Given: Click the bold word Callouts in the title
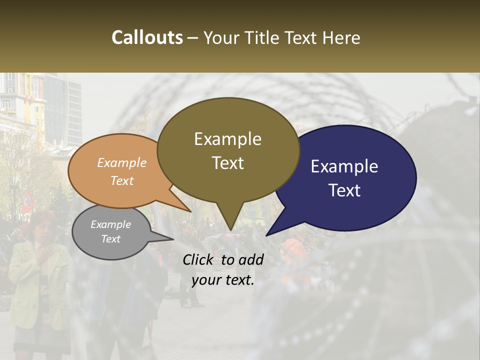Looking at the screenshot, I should coord(147,37).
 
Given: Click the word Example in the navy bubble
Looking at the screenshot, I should coord(344,166).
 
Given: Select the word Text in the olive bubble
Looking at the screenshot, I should coord(228,163).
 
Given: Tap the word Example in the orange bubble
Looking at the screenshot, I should coord(122,163).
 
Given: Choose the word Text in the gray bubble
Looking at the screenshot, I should coord(110,239).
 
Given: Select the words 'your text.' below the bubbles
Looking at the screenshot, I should coord(223,280).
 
